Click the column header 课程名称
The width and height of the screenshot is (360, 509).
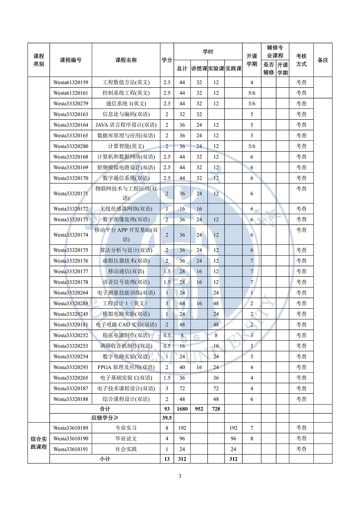pos(126,60)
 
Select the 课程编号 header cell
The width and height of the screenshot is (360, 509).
pos(71,60)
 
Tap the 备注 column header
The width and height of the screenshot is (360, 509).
pos(323,60)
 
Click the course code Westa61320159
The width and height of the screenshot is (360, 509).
pos(71,82)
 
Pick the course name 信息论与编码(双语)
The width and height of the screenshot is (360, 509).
pos(126,114)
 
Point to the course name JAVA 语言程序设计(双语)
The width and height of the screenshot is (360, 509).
pos(126,125)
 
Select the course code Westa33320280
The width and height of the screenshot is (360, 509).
pos(71,146)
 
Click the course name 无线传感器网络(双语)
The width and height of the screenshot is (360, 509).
pos(126,209)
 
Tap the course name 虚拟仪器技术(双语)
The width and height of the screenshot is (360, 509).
pos(126,261)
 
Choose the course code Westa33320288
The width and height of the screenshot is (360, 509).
pos(71,303)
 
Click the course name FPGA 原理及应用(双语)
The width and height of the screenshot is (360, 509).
pos(126,367)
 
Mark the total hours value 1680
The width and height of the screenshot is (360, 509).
pos(182,409)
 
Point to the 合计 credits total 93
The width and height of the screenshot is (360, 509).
pos(166,409)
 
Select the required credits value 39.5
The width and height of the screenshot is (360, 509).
pos(166,418)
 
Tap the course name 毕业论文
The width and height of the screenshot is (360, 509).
pos(126,438)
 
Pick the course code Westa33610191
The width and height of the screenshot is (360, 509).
pos(71,449)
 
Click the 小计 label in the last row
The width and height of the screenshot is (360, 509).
pos(105,459)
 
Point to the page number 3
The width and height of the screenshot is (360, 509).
pos(180,477)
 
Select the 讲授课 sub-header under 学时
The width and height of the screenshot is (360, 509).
pos(199,68)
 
